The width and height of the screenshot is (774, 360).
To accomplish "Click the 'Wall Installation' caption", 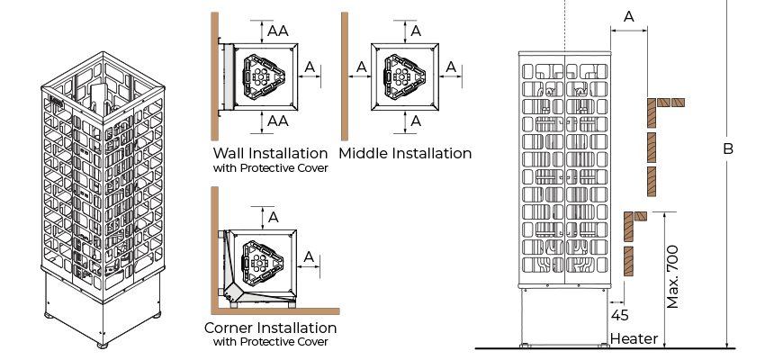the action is [x=270, y=153].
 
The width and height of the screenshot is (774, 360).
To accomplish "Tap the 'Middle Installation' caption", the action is [x=405, y=153].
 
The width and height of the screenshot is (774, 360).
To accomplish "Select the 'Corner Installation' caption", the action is [x=270, y=328].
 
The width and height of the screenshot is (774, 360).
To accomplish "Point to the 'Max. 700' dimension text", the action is [x=672, y=277].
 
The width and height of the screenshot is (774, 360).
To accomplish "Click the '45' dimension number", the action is [x=619, y=315].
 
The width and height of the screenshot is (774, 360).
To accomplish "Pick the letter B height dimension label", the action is [x=728, y=148].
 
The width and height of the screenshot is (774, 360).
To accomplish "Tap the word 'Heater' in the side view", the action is [x=634, y=338].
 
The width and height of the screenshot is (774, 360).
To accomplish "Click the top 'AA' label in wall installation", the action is [x=278, y=31].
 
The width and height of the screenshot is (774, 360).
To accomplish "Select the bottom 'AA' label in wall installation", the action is [x=278, y=121].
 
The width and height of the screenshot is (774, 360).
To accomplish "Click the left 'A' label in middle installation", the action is [x=361, y=67].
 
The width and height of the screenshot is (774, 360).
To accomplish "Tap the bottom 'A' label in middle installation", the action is [x=416, y=121].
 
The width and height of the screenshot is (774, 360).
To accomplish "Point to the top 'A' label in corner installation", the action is [x=273, y=217].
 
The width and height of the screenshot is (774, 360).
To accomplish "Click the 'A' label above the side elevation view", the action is [x=628, y=17].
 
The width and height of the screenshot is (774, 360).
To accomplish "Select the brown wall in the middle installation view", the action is [x=345, y=76].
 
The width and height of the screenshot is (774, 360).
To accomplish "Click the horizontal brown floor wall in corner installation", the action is [x=275, y=311].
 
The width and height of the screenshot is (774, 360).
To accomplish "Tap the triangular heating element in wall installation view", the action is [x=263, y=77].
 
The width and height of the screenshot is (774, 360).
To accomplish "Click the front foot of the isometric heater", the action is [x=103, y=346].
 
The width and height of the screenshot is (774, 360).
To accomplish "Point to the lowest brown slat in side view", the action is [x=628, y=261].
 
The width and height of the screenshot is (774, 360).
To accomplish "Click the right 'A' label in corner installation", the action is [x=309, y=256].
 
